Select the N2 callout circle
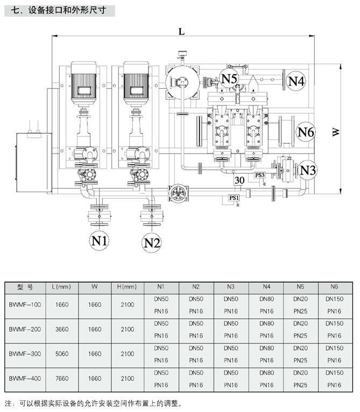tap(152, 243)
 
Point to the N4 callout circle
tap(295, 81)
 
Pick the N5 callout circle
tap(230, 79)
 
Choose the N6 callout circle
tap(306, 131)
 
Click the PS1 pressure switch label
tap(234, 198)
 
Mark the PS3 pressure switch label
tap(260, 176)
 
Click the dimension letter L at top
tap(182, 32)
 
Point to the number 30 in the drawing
tap(240, 179)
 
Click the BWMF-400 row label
tap(25, 379)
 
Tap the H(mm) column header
tap(127, 287)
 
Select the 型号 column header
tap(25, 287)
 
